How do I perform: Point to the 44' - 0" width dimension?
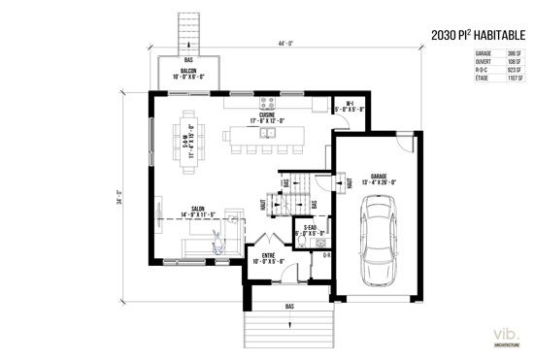(x=286, y=44)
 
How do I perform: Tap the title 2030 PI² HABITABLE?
(x=480, y=36)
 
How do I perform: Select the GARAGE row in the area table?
(x=498, y=53)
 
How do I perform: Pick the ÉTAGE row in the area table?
(x=498, y=77)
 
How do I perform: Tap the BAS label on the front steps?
(x=289, y=307)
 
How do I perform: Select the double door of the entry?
(x=269, y=240)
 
